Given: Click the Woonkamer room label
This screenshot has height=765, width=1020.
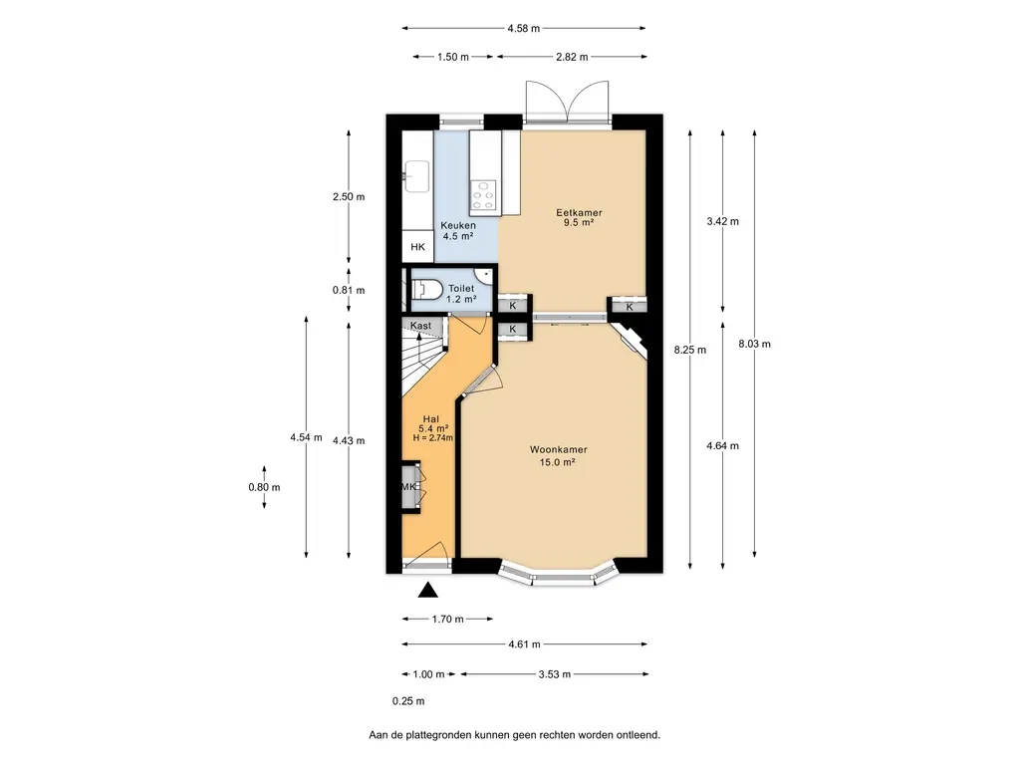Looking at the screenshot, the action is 558,449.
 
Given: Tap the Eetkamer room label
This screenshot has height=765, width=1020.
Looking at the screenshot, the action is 579,213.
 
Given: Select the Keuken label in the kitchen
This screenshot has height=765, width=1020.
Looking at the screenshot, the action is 458,226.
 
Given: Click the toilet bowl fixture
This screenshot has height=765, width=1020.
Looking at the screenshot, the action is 426,289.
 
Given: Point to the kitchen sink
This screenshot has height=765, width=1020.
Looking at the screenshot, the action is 416,176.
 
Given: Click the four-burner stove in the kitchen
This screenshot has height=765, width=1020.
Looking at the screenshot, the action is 483,194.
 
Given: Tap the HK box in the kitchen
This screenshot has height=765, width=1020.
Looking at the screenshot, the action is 417,247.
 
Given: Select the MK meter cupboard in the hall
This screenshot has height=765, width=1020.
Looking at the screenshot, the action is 409,486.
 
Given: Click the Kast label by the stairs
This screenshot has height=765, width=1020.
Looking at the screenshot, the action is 421,326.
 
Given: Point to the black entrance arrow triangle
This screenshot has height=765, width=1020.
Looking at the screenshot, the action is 427,590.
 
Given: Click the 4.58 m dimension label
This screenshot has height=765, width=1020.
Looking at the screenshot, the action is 524,29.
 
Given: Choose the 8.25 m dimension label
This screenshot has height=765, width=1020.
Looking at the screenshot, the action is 690,350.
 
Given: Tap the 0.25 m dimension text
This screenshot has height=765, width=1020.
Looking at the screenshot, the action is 408,701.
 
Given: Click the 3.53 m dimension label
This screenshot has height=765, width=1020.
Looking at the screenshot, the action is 555,674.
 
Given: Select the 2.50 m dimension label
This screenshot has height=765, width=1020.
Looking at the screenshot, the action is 349,197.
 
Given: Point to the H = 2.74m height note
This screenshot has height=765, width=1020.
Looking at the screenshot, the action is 432,438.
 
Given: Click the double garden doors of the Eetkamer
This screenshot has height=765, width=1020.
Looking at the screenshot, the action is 567,102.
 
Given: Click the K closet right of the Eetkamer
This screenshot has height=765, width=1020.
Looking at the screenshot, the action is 630,307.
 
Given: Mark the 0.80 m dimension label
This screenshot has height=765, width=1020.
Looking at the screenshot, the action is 264,487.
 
